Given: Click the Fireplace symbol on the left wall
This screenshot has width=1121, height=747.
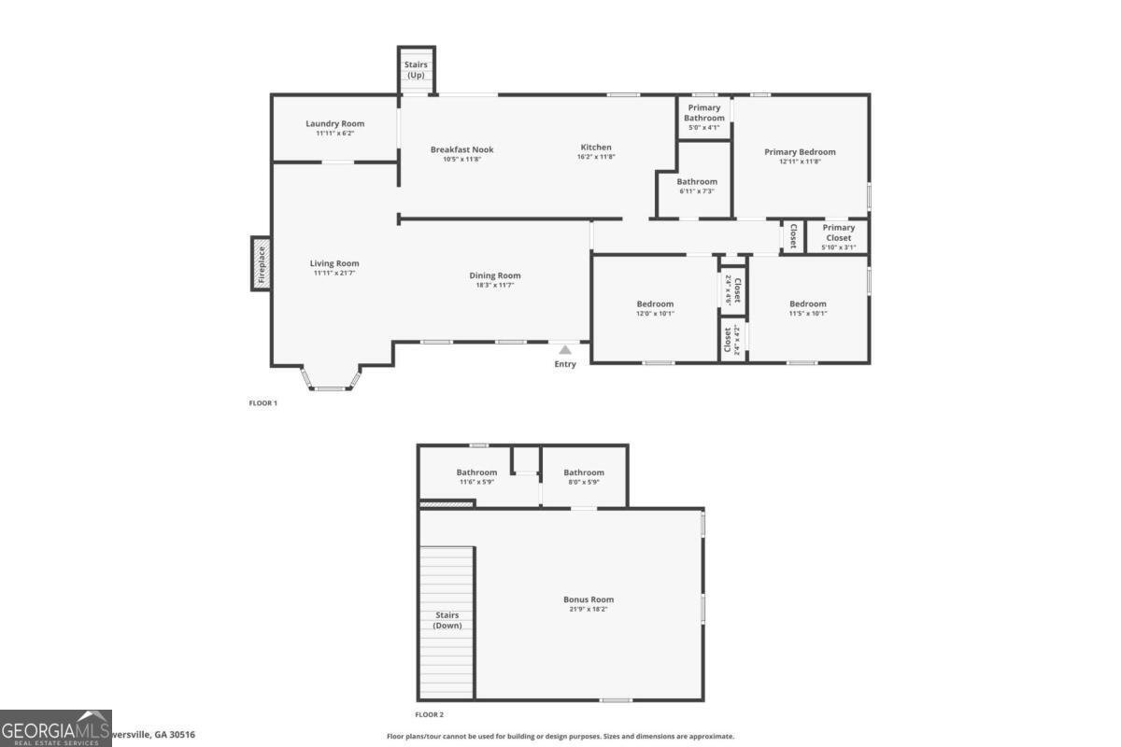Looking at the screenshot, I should click(262, 263).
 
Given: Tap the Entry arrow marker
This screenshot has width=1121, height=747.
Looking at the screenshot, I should click(565, 349).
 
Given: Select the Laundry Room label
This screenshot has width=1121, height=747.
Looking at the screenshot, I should click(334, 123).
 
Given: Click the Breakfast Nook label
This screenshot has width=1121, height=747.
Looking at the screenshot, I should click(461, 149).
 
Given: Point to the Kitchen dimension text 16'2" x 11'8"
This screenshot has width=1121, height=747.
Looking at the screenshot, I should click(596, 157).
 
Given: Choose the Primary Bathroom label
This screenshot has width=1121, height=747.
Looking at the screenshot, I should click(703, 113).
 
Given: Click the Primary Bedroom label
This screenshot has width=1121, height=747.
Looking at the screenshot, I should click(800, 151).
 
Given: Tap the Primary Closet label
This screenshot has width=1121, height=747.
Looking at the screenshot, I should click(838, 233).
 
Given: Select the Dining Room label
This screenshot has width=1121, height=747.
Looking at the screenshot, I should click(495, 275).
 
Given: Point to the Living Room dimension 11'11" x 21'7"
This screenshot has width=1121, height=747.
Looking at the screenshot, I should click(334, 273).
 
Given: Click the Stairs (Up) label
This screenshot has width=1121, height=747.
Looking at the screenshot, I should click(416, 70).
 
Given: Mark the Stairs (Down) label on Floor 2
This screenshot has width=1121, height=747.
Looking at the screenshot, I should click(447, 620).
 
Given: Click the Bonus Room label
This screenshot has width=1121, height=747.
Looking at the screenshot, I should click(589, 599).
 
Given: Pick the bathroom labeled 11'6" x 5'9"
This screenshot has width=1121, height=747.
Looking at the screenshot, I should click(476, 472).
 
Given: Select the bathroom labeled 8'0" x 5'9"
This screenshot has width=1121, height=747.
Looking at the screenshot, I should click(584, 472).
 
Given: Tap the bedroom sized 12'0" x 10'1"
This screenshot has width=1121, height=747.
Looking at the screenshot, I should click(655, 304).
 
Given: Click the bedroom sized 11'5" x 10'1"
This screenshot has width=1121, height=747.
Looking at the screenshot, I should click(807, 304).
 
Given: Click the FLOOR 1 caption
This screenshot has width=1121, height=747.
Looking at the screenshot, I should click(263, 403).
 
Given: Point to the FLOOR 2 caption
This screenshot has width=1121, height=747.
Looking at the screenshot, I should click(430, 714).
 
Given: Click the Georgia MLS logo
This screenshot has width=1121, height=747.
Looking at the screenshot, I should click(56, 728).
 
